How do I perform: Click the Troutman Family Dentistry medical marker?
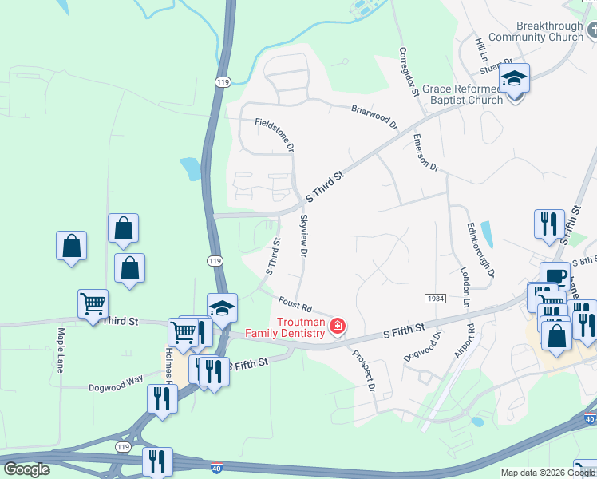(x=338, y=327)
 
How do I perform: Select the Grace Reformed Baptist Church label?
(x=462, y=94)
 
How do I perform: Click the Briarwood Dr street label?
(x=374, y=117)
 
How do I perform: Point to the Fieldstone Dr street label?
(x=275, y=136)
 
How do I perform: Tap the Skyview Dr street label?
(x=303, y=235)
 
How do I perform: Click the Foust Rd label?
(x=295, y=304)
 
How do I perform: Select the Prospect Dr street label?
(x=365, y=372)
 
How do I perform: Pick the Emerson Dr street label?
(x=426, y=152)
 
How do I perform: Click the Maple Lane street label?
(x=60, y=350)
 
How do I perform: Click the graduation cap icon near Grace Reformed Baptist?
(x=515, y=80)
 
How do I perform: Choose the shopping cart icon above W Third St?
(x=93, y=303)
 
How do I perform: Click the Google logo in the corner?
(x=26, y=469)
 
